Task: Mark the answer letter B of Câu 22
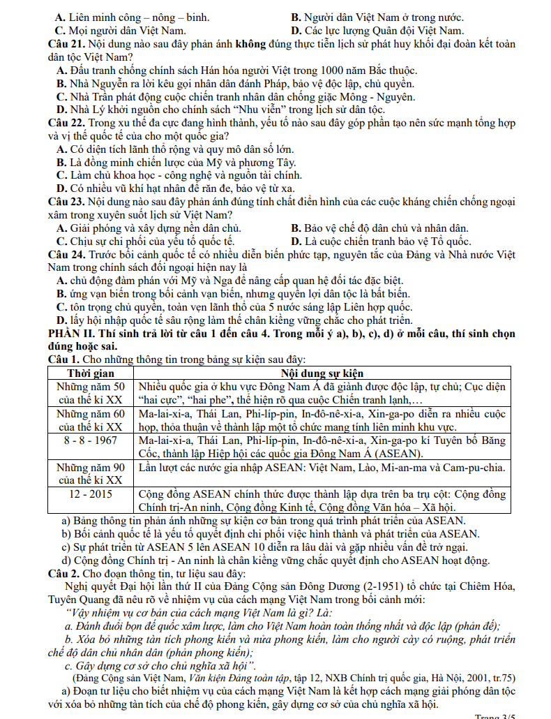click(61, 163)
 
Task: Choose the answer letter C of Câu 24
click(61, 307)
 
